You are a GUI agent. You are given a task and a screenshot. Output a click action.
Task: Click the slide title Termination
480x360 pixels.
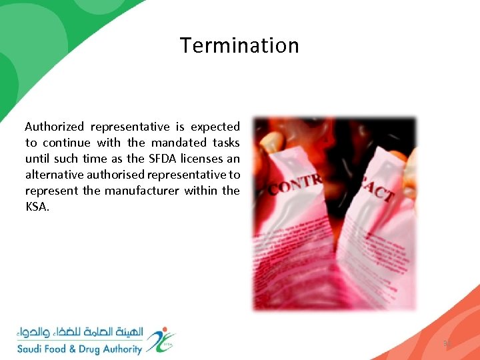pyautogui.click(x=239, y=45)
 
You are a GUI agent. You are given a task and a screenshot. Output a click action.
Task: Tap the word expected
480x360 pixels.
pyautogui.click(x=215, y=127)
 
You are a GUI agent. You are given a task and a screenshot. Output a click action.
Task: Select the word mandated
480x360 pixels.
pyautogui.click(x=179, y=143)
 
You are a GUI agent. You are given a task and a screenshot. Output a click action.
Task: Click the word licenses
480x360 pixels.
pyautogui.click(x=202, y=159)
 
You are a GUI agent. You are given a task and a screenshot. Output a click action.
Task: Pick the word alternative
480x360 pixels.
pyautogui.click(x=55, y=175)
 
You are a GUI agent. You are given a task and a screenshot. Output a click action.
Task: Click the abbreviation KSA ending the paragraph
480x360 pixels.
pyautogui.click(x=38, y=207)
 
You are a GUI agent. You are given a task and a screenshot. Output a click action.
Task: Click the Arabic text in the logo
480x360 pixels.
pyautogui.click(x=80, y=332)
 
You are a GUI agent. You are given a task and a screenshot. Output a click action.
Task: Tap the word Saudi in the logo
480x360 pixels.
pyautogui.click(x=31, y=349)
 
